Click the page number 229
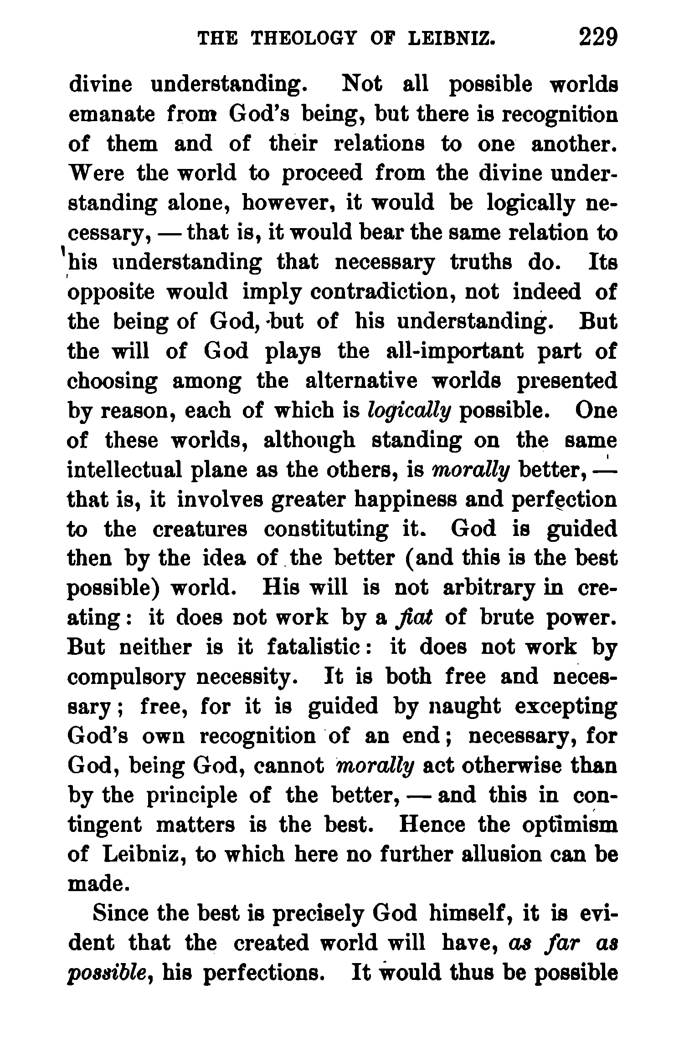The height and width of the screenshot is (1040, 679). [x=598, y=37]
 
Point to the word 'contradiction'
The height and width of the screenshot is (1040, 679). [x=384, y=292]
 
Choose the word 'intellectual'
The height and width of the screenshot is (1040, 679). [x=122, y=470]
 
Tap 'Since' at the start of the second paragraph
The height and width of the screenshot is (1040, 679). [x=120, y=914]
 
